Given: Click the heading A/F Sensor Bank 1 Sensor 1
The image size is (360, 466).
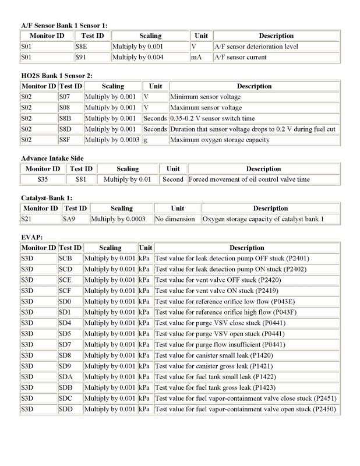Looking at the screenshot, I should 64,26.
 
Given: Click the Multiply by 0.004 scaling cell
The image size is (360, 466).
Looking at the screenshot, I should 138,57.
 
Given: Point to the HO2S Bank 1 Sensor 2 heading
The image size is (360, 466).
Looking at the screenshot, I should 57,76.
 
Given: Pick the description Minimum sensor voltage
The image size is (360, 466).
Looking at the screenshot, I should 205,97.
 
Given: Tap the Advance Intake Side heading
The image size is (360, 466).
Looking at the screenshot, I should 52,158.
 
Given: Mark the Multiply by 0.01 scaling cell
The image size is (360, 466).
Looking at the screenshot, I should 127,179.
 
